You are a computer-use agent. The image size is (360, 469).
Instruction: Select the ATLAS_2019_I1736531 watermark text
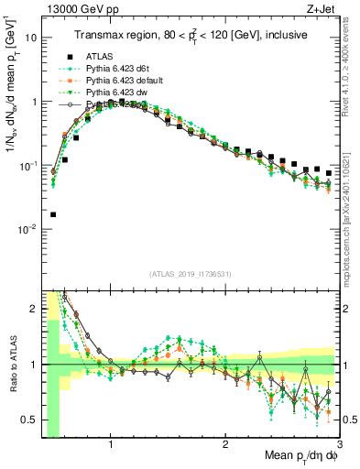(x=191, y=274)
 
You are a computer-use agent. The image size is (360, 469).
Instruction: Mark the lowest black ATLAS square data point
(x=53, y=214)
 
